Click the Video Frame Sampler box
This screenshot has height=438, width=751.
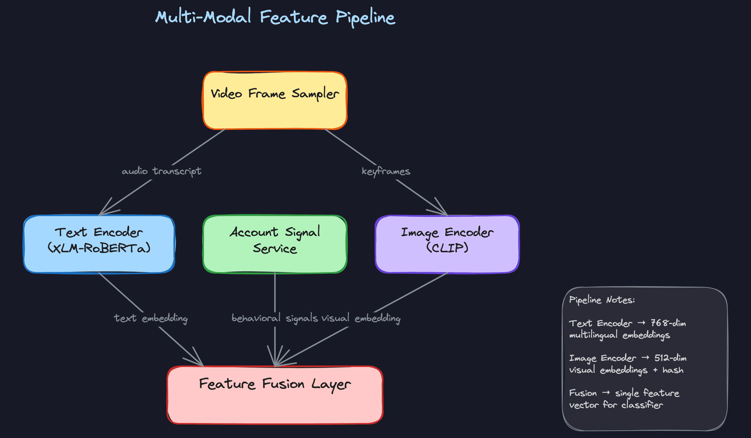(275, 101)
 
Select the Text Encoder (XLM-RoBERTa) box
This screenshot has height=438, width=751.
(99, 244)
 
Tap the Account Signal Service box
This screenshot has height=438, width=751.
(275, 244)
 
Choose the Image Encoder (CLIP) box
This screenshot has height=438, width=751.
(447, 244)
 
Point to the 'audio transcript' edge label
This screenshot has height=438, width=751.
(161, 171)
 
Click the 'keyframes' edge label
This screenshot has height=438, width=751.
(386, 171)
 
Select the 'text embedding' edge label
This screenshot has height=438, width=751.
(151, 318)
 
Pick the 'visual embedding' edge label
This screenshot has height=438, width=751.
(361, 318)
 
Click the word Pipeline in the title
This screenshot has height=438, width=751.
(365, 18)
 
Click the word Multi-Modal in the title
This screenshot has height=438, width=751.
(203, 17)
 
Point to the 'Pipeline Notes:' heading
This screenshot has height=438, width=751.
(602, 300)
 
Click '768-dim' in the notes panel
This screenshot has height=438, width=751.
(668, 323)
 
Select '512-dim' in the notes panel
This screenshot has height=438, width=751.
(670, 358)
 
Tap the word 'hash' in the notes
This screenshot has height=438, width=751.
(673, 370)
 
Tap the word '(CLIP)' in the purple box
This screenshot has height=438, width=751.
(447, 248)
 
